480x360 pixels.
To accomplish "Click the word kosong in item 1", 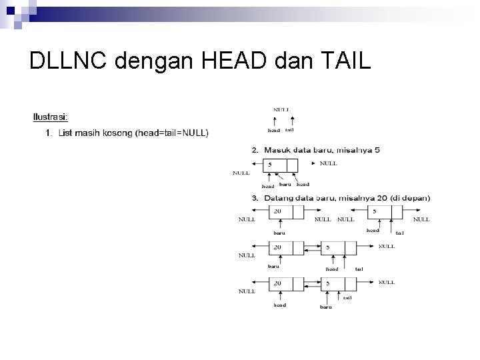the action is click(x=116, y=133).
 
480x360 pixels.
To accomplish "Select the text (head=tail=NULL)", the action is click(x=172, y=133).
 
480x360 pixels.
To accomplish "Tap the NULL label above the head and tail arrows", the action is click(x=281, y=109).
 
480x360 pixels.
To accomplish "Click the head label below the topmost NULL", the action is click(x=273, y=131).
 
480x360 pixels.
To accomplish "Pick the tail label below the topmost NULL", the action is click(x=289, y=131).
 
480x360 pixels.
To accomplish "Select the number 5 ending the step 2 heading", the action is click(x=377, y=151).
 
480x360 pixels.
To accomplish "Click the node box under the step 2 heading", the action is click(x=280, y=165).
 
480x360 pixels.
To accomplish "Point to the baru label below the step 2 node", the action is click(x=285, y=185).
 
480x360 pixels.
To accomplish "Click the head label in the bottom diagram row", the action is click(x=279, y=305).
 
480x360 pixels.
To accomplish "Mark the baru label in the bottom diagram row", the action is click(x=326, y=307).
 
